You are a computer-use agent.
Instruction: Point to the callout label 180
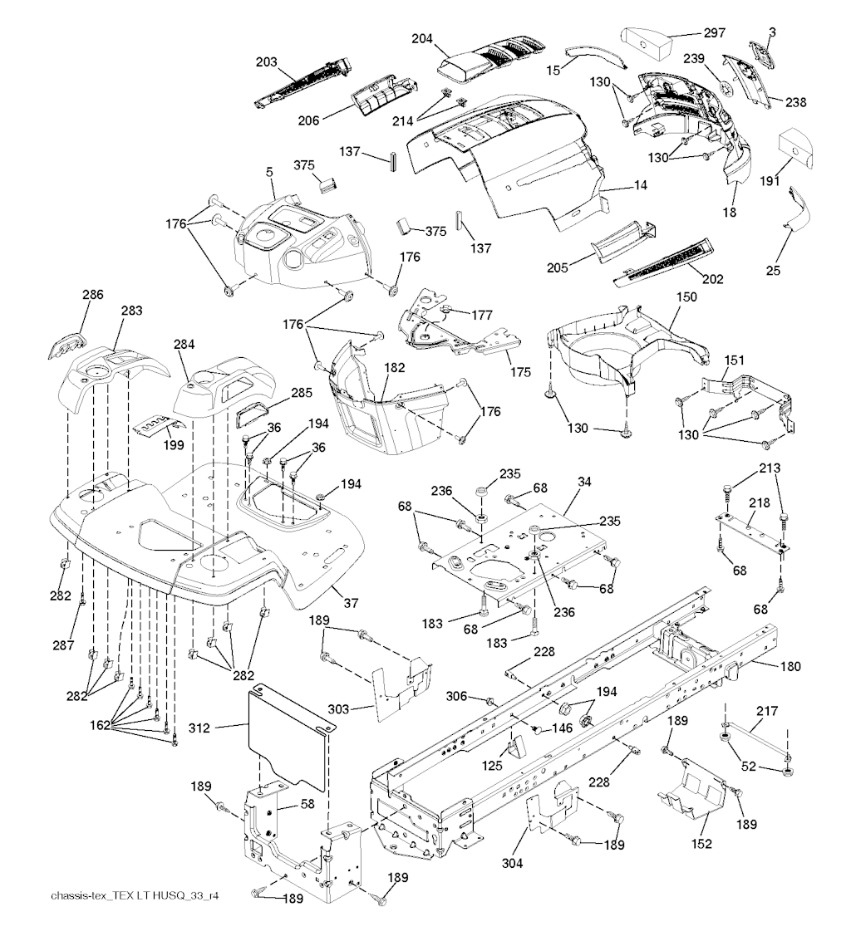[x=791, y=666]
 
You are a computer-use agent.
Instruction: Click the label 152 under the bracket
[x=702, y=844]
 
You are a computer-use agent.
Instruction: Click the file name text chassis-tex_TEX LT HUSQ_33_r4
[x=139, y=896]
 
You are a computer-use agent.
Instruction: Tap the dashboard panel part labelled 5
[x=295, y=241]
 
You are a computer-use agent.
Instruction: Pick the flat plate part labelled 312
[x=287, y=735]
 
